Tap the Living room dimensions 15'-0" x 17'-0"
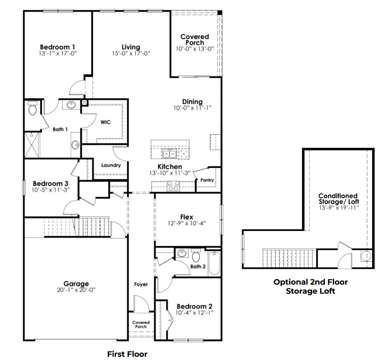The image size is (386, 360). pos(131,54)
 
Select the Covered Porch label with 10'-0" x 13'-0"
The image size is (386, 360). pos(194,40)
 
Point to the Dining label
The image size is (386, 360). pos(192,102)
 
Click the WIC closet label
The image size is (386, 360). pos(105,122)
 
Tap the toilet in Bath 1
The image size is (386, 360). pos(32,109)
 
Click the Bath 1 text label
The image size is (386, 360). pos(60,129)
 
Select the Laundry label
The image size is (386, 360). pos(111,165)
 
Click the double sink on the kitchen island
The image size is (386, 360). pos(169,154)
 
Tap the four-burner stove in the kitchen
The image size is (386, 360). pos(173,186)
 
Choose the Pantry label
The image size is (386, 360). pos(207,180)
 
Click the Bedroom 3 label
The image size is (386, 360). pos(50,184)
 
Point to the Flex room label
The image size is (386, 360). pos(187,217)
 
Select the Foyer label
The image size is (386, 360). pos(141,284)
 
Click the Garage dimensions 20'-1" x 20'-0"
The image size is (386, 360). pos(76,290)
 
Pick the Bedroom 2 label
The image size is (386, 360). pos(194,306)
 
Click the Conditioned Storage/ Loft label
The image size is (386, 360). pos(338,199)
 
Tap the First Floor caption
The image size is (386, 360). pos(127,354)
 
